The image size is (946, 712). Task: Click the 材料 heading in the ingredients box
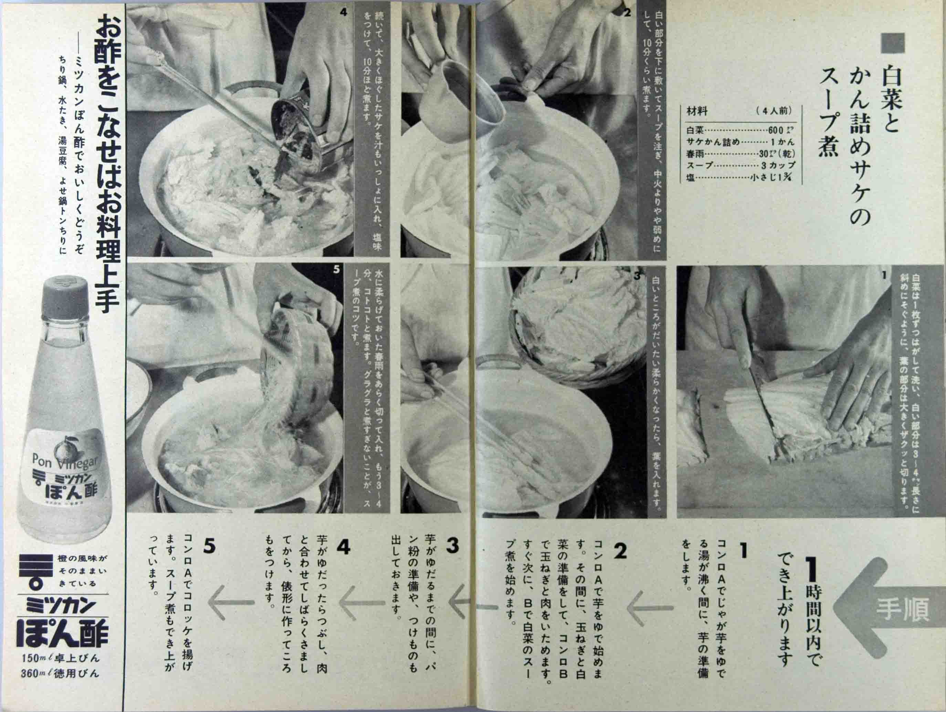[697, 111]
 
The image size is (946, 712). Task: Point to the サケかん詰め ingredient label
[713, 142]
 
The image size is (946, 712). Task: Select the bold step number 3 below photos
[452, 546]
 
